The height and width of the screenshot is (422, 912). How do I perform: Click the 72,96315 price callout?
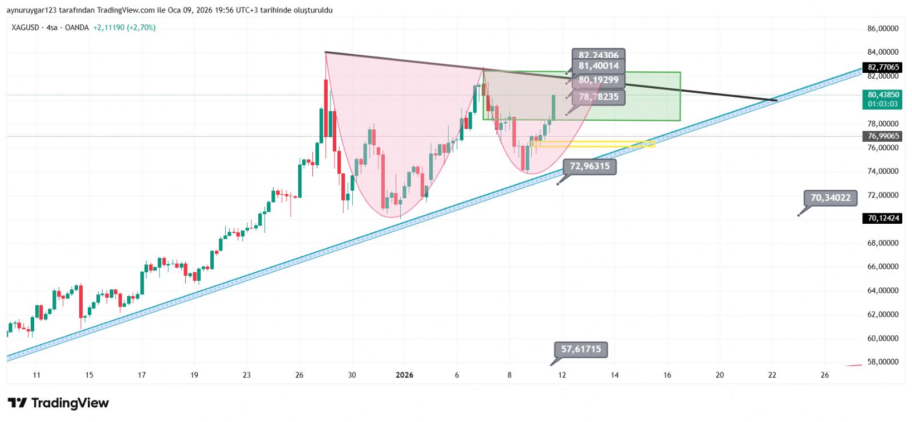(x=589, y=166)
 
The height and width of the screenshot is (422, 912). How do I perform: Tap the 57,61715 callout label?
(x=581, y=349)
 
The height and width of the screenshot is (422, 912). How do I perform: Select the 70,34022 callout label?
(x=830, y=198)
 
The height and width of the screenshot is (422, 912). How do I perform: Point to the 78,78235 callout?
(x=598, y=97)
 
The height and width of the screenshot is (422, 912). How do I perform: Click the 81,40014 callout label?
(x=598, y=66)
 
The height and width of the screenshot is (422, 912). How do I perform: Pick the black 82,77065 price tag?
(x=883, y=67)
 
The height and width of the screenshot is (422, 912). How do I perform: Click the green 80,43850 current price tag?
(x=883, y=99)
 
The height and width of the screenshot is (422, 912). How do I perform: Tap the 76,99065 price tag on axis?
(x=883, y=136)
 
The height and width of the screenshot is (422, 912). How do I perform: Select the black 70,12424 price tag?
(x=883, y=218)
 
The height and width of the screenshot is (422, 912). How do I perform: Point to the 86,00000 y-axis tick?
(x=883, y=28)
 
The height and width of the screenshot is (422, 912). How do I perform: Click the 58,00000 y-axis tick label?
(x=883, y=362)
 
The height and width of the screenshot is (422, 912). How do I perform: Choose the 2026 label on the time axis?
(x=404, y=375)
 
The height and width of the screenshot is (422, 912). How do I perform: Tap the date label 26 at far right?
(x=824, y=375)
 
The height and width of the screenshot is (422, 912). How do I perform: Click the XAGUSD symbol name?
(x=25, y=27)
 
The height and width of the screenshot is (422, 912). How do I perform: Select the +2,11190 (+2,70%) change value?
(x=124, y=27)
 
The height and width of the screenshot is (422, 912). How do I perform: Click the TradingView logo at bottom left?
(x=58, y=403)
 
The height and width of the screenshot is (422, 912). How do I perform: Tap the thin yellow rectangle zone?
(x=593, y=144)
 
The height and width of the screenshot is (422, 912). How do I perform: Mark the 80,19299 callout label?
(x=598, y=80)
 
